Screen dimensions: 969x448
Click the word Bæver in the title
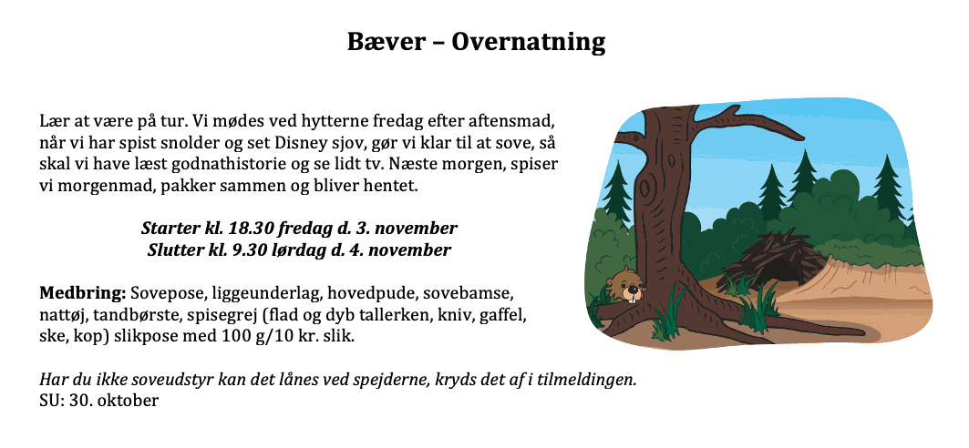387,42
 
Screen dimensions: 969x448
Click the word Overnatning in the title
529,43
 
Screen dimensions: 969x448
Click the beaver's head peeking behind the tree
623,285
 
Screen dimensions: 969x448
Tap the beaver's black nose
630,288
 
